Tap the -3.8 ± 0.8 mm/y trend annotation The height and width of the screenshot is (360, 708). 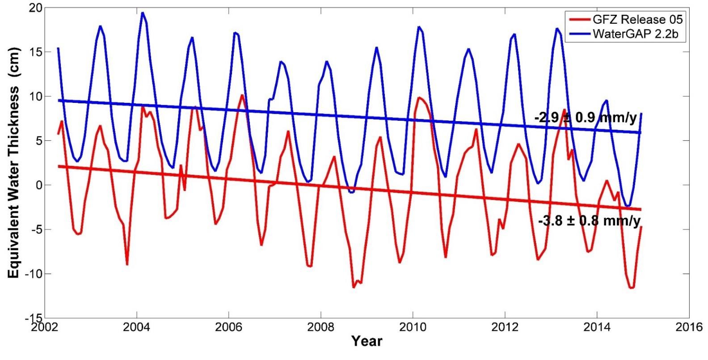(589, 220)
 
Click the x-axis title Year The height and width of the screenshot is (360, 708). (367, 341)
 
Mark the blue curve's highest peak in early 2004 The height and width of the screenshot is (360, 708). (143, 13)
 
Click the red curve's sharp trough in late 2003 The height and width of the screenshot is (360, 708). (127, 264)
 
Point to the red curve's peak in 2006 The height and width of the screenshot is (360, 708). (242, 95)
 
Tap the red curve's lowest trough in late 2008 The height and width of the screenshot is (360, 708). (353, 287)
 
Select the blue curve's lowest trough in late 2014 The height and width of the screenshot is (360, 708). (628, 206)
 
